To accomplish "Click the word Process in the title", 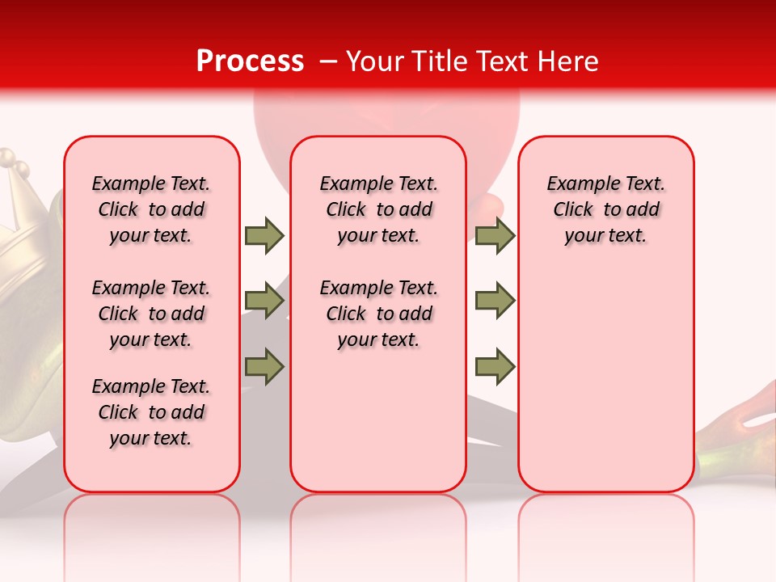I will [250, 61].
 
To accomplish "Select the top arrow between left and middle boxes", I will [264, 235].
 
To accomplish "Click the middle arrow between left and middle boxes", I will [264, 301].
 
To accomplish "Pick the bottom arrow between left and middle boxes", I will [264, 366].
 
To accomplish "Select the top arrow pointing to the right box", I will [495, 235].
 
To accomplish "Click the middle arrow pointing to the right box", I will [495, 301].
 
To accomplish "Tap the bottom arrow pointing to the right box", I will [495, 366].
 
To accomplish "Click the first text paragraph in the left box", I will [151, 209].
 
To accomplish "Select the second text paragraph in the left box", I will [151, 314].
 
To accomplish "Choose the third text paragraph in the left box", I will [151, 412].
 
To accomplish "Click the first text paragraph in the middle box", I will [378, 209].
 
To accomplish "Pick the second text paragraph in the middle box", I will [378, 314].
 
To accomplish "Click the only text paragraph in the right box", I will [605, 209].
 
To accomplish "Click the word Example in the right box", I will [576, 184].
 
